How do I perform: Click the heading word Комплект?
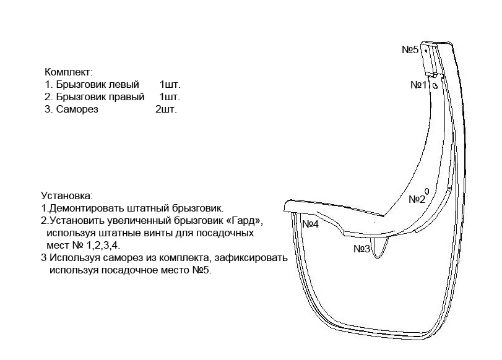[68, 72]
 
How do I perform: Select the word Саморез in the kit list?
[77, 109]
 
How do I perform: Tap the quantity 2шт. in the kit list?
[166, 109]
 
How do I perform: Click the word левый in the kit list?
[124, 85]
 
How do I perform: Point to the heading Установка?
[67, 195]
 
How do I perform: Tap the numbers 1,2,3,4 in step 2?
[103, 246]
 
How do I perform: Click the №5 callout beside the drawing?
[410, 49]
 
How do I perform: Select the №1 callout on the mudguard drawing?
[419, 85]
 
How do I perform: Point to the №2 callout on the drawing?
[417, 200]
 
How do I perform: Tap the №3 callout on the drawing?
[361, 249]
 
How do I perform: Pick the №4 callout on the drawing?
[311, 225]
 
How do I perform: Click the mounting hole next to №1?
[435, 86]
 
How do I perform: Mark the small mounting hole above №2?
[427, 191]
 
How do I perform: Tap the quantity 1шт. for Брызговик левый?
[170, 85]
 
